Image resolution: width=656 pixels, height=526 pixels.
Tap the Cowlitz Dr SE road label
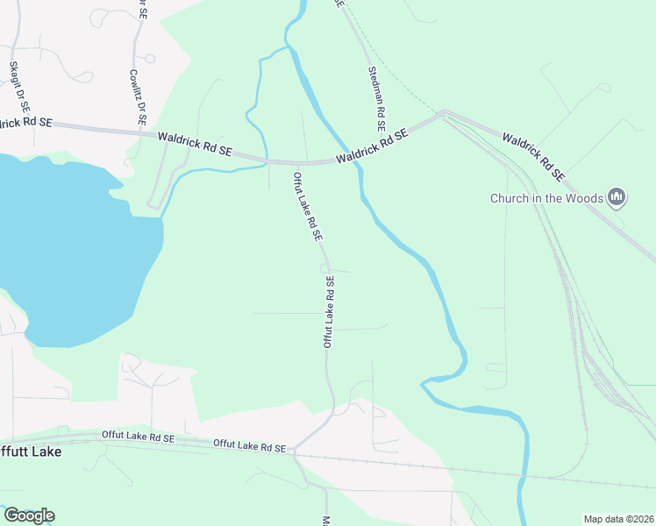coord(137,96)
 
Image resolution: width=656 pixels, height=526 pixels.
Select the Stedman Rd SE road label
coord(377,98)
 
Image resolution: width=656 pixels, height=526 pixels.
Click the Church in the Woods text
coord(546,198)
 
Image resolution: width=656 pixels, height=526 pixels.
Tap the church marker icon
coord(617,198)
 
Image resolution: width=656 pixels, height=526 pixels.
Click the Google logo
coord(29,515)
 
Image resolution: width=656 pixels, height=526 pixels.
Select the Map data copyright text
coord(618,519)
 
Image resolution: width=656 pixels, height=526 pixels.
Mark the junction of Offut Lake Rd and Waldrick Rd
coord(298,163)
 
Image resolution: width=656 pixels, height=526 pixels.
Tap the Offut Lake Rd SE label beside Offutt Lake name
coord(139,437)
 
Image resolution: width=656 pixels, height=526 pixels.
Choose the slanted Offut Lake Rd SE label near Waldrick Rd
coord(308,207)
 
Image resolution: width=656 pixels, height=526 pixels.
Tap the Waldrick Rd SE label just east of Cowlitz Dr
coord(195,145)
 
